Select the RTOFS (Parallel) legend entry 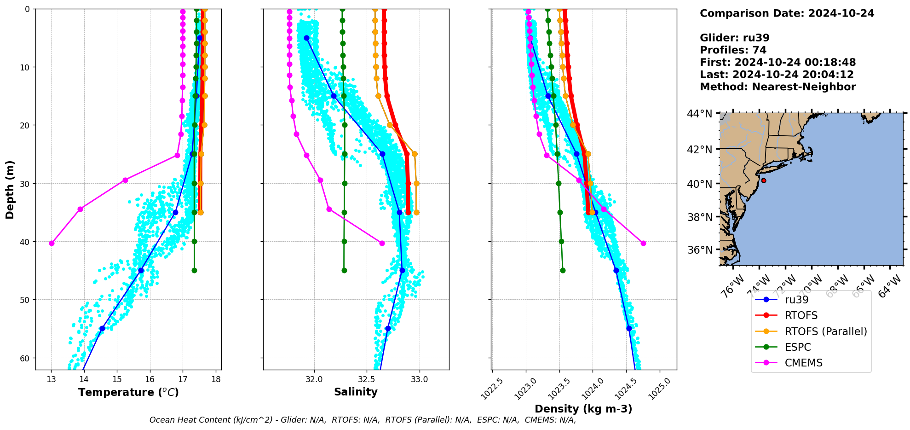tap(825, 331)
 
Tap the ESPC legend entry tap(797, 347)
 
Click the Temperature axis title tap(128, 393)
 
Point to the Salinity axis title tap(356, 392)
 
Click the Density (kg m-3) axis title tap(583, 409)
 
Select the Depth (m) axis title tap(10, 189)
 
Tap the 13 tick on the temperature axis tap(51, 379)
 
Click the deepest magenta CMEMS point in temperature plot tap(52, 243)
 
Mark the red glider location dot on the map tap(764, 180)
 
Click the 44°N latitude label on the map tap(699, 114)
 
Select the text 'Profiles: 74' tap(733, 50)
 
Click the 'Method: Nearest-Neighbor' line tap(778, 87)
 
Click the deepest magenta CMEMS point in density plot tap(643, 243)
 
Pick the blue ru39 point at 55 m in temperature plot tap(102, 328)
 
